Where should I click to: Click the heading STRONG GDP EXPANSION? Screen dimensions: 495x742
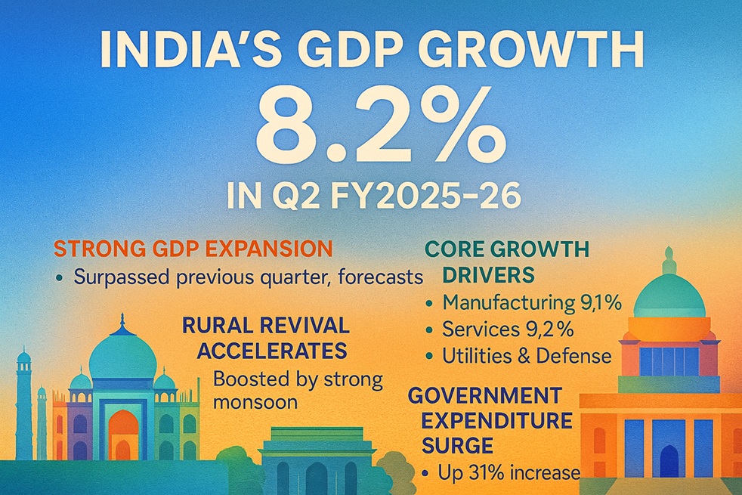click(193, 249)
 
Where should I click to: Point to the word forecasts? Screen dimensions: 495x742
click(376, 277)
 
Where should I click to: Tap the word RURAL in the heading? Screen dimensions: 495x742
click(219, 326)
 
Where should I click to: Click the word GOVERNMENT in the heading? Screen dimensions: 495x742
click(484, 395)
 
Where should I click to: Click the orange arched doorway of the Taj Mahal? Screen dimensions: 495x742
click(123, 435)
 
